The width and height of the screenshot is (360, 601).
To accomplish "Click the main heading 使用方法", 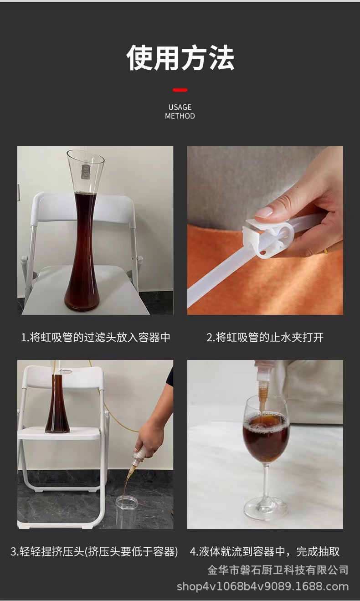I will point(180,58).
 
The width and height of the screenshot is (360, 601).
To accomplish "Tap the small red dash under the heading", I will point(180,90).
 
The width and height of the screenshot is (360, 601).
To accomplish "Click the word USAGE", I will point(180,107).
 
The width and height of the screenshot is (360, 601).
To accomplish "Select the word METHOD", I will point(180,116).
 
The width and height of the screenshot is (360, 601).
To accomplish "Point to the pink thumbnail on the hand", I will point(265,211).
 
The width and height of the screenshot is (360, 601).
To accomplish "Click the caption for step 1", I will point(96,338).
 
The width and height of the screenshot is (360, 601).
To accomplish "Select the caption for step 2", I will point(265,338).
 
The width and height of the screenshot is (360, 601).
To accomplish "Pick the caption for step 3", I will point(94,552).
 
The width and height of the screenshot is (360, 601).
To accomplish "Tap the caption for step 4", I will point(265,552).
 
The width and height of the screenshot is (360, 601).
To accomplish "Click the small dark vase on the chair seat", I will point(57,406).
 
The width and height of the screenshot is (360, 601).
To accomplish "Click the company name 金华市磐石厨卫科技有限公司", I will point(278,570).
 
